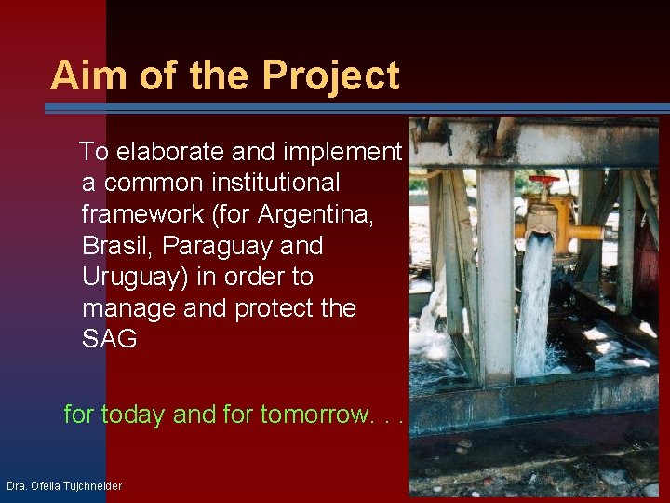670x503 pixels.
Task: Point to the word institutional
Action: pyautogui.click(x=275, y=183)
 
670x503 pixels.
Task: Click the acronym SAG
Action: pyautogui.click(x=109, y=340)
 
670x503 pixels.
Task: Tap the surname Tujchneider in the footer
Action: pyautogui.click(x=92, y=486)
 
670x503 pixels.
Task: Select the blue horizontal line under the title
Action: pyautogui.click(x=354, y=108)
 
